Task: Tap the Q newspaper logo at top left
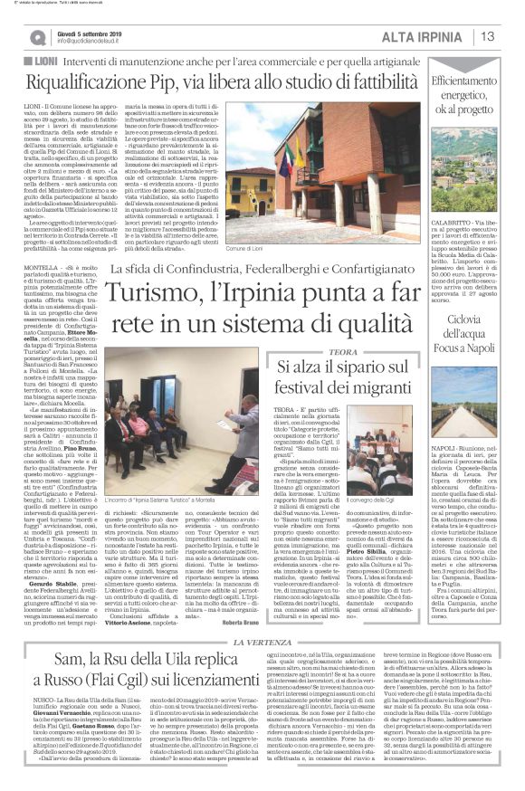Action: [36, 37]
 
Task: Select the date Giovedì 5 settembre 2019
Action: [92, 32]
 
